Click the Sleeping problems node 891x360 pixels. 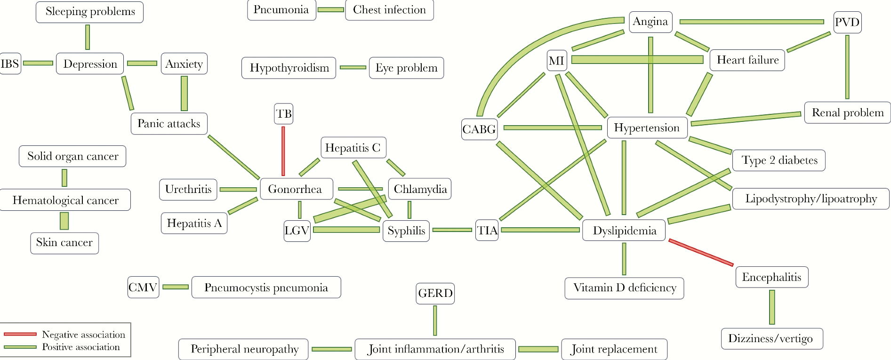pyautogui.click(x=89, y=12)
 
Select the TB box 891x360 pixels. pyautogui.click(x=283, y=114)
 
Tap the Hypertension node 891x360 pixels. pyautogui.click(x=647, y=128)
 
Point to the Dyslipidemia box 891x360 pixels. pyautogui.click(x=624, y=231)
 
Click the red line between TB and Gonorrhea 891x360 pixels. pyautogui.click(x=283, y=151)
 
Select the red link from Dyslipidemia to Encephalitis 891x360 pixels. pyautogui.click(x=701, y=252)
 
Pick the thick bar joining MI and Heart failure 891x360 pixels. pyautogui.click(x=637, y=60)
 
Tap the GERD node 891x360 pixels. pyautogui.click(x=435, y=294)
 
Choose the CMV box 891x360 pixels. pyautogui.click(x=143, y=288)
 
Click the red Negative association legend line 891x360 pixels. pyautogui.click(x=20, y=334)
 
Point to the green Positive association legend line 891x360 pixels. pyautogui.click(x=20, y=347)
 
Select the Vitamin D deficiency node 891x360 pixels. pyautogui.click(x=624, y=288)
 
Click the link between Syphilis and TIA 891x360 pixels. pyautogui.click(x=452, y=230)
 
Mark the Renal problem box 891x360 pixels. pyautogui.click(x=847, y=113)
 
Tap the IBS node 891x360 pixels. pyautogui.click(x=10, y=64)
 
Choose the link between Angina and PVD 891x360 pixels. pyautogui.click(x=752, y=22)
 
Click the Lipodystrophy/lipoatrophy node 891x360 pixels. pyautogui.click(x=811, y=199)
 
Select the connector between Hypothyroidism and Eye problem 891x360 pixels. pyautogui.click(x=353, y=68)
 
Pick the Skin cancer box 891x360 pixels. pyautogui.click(x=64, y=243)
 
